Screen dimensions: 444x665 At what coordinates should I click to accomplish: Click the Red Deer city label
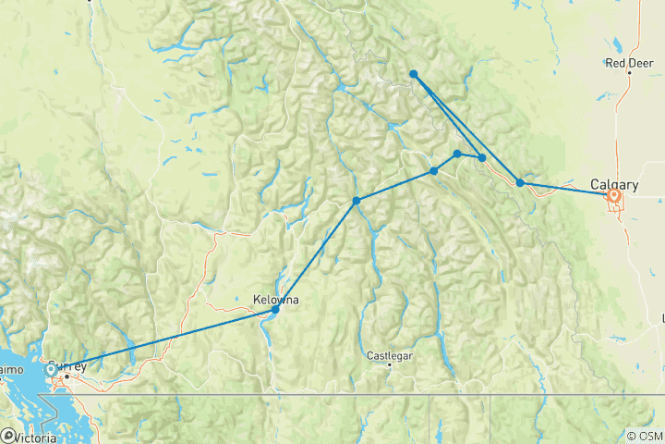click(x=630, y=63)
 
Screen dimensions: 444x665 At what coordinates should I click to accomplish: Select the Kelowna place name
click(x=276, y=299)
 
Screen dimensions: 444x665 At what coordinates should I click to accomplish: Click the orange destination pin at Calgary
click(x=614, y=195)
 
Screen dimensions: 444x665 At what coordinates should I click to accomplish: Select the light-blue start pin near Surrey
click(x=50, y=370)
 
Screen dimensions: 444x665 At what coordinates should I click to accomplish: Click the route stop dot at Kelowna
click(x=275, y=309)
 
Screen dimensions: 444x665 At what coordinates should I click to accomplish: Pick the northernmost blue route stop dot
click(x=414, y=74)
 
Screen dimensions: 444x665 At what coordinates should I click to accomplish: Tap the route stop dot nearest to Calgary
click(x=520, y=182)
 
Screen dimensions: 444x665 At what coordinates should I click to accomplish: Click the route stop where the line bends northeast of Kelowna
click(x=356, y=201)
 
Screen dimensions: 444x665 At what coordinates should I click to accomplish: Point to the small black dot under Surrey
click(x=66, y=376)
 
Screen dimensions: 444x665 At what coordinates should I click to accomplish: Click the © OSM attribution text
click(x=644, y=435)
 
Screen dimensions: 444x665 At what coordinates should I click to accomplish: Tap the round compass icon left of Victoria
click(x=8, y=435)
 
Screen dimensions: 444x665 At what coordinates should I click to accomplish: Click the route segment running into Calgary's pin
click(x=568, y=188)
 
